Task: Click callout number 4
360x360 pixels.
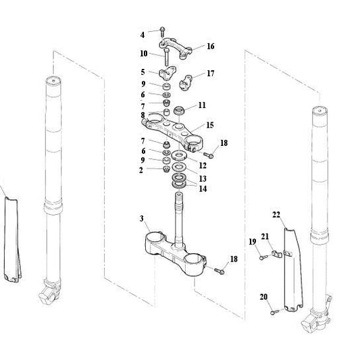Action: (143, 34)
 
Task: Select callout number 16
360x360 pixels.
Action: (210, 47)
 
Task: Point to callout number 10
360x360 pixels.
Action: (144, 53)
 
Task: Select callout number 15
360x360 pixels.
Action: (209, 126)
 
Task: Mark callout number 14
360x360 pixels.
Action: (203, 188)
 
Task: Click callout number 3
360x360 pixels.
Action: (141, 219)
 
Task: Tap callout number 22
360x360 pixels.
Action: (276, 214)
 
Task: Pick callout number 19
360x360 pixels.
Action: (251, 242)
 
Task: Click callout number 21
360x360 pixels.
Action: (265, 236)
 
